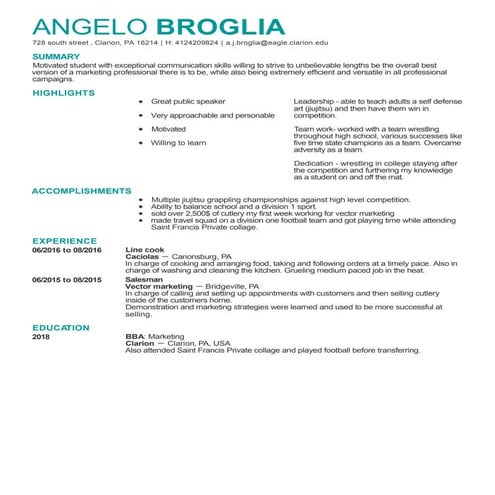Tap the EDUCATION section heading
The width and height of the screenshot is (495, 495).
(x=60, y=327)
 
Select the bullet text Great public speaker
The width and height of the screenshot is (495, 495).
(x=185, y=102)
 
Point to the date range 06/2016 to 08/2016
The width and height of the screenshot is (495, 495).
(x=67, y=249)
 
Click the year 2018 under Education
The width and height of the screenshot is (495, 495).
(x=40, y=336)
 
